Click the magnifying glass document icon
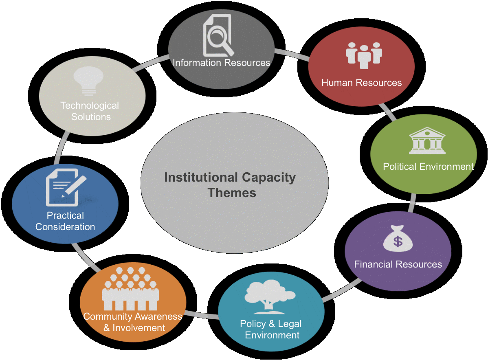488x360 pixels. [218, 36]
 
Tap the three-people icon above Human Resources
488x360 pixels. [364, 55]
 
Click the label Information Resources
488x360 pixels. [222, 63]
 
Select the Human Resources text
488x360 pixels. [362, 83]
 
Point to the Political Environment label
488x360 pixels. [428, 167]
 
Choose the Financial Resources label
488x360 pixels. [398, 264]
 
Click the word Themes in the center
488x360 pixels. [232, 193]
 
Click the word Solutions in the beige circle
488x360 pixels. [91, 117]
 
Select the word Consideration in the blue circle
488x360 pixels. [65, 227]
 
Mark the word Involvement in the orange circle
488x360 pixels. [138, 328]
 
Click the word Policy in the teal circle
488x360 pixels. [253, 324]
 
